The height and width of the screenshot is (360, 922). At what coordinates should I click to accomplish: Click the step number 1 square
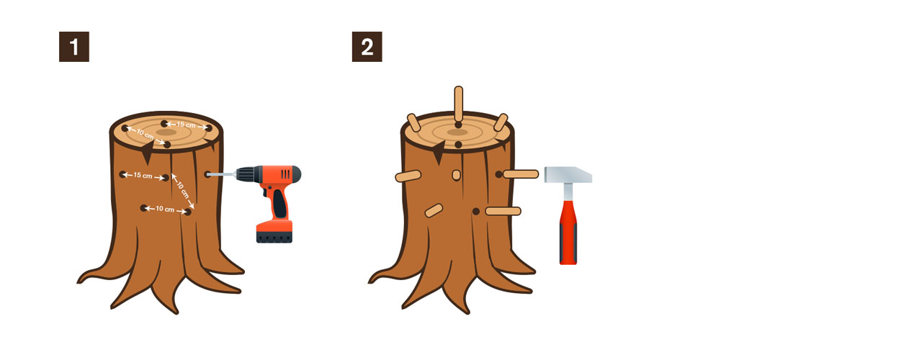(74, 47)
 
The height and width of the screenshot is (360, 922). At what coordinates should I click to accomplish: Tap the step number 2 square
(367, 47)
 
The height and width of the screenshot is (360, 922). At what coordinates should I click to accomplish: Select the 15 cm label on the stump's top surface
(186, 125)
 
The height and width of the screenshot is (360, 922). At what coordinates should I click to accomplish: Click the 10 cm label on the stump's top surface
(145, 134)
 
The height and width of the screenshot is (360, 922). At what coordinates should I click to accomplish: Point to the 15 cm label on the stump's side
(143, 175)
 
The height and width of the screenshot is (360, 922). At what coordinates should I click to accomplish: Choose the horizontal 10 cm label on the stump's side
(165, 209)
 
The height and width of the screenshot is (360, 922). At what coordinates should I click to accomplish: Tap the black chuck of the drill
(246, 174)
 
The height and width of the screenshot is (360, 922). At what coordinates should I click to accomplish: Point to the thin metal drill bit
(221, 175)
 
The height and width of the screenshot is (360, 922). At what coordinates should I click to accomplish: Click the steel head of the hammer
(568, 174)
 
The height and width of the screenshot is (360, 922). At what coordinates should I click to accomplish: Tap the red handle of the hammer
(568, 233)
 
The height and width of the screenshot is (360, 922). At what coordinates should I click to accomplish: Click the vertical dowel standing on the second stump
(459, 104)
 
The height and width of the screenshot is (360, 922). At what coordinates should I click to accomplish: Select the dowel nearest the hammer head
(521, 174)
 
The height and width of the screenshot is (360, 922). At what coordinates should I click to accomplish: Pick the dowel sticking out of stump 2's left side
(408, 176)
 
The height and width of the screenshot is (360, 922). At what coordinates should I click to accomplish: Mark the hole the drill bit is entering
(207, 174)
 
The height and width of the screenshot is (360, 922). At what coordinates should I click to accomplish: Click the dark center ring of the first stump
(166, 132)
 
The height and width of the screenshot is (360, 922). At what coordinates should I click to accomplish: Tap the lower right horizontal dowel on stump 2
(503, 211)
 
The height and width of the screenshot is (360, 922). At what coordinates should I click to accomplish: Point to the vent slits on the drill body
(285, 174)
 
